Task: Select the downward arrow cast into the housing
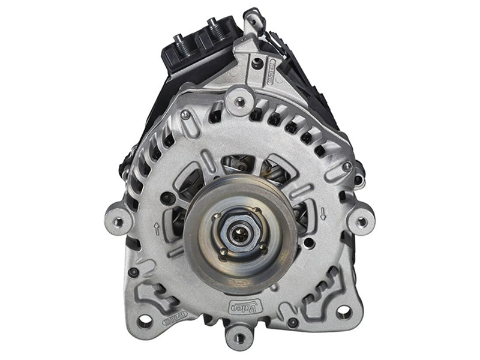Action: click(323, 213)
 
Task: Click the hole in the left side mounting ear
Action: click(118, 221)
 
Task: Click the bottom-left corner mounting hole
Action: click(145, 320)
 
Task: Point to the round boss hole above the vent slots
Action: click(241, 101)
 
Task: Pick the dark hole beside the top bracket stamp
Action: click(257, 64)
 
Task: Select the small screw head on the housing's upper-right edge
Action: click(347, 167)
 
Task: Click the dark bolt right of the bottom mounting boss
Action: click(292, 323)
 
